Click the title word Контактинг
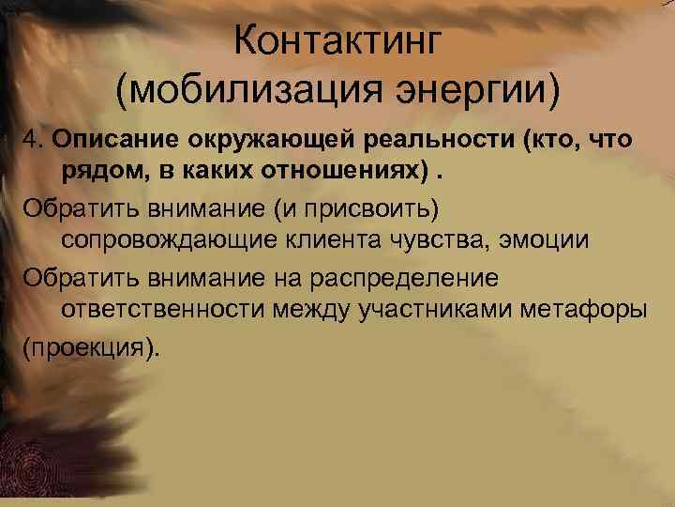337,41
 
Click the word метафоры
587,310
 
